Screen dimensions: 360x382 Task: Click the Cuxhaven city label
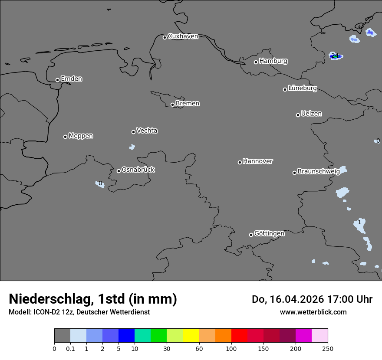click(x=183, y=36)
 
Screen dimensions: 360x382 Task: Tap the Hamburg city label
click(x=273, y=61)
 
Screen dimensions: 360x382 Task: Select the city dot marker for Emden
click(x=57, y=80)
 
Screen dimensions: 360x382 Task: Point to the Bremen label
click(x=188, y=104)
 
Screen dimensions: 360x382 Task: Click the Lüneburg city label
click(x=303, y=88)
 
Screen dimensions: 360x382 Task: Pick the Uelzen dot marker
click(x=298, y=115)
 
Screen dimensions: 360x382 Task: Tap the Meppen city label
click(x=81, y=136)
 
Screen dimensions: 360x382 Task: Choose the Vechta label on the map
click(x=147, y=131)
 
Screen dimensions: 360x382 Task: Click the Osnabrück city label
click(x=138, y=170)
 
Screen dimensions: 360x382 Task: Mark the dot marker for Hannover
click(x=240, y=162)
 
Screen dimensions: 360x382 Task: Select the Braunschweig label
click(x=319, y=171)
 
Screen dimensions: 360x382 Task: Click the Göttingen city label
click(x=269, y=234)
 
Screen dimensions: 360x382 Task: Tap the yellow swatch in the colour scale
click(x=191, y=336)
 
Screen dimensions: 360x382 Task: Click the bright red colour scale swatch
click(x=239, y=336)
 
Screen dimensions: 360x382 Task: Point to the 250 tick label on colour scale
click(x=328, y=348)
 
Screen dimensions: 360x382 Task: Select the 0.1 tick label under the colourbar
click(x=70, y=348)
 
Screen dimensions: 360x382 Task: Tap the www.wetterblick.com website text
click(x=313, y=312)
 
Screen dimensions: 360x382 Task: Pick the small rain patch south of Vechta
click(x=132, y=147)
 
